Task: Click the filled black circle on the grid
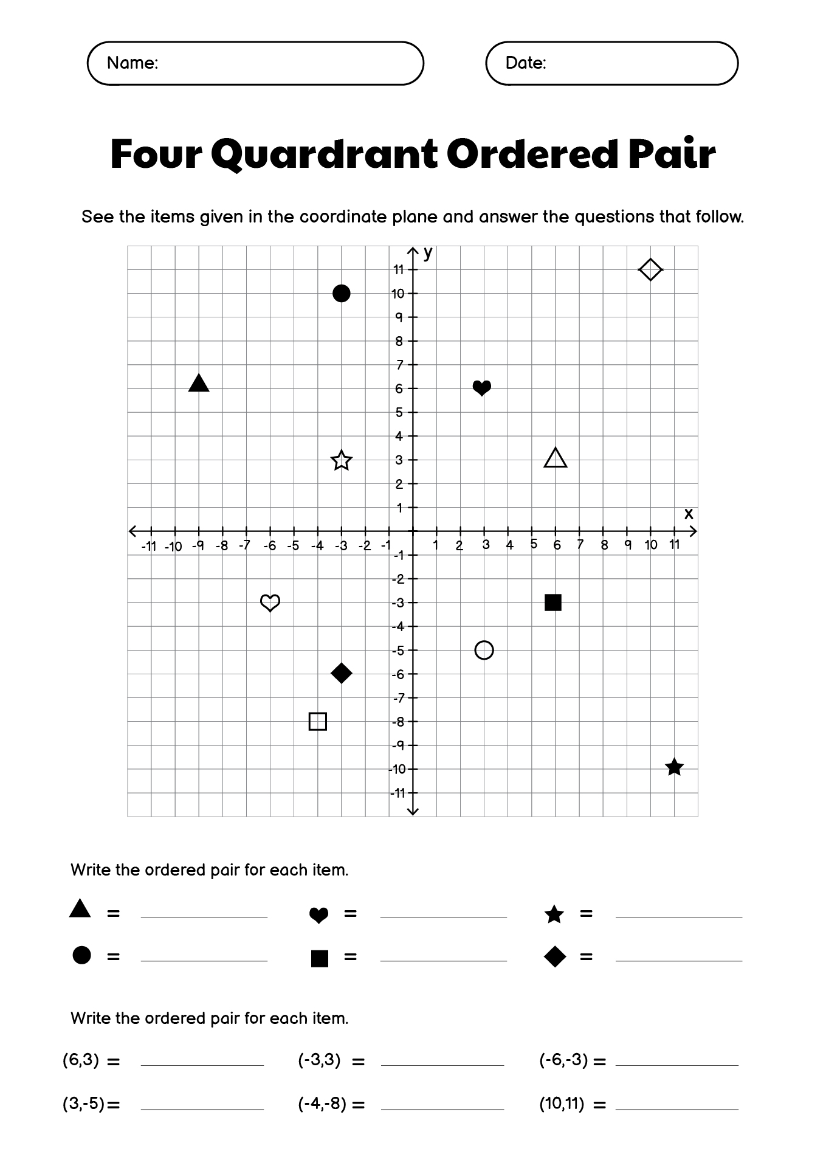pos(342,294)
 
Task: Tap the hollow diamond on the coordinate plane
pos(650,269)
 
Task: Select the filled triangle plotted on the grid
pos(199,384)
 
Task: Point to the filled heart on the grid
pos(482,387)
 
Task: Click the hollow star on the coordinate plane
pos(342,461)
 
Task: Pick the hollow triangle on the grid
pos(556,458)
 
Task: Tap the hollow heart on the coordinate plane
pos(270,603)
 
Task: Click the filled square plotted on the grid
pos(553,603)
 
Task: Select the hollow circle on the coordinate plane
pos(484,650)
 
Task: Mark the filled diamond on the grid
pos(342,673)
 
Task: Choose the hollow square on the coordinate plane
pos(318,721)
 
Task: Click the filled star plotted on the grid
pos(674,767)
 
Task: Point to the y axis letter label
pos(428,253)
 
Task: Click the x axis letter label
pos(689,514)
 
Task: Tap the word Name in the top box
pos(131,63)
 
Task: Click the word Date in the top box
pos(525,63)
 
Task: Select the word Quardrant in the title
pos(324,154)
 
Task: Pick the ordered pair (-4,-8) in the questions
pos(322,1104)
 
